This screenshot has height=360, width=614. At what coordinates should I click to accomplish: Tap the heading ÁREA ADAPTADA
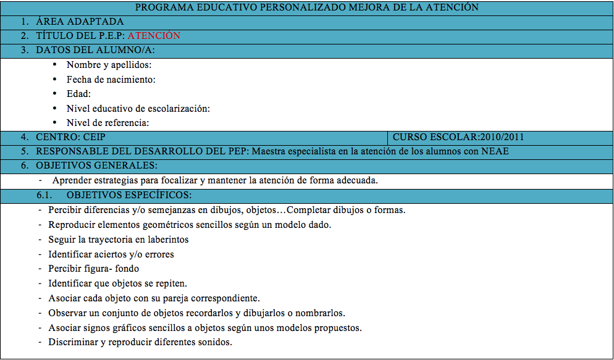click(80, 22)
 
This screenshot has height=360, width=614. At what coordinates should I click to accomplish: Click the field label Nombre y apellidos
click(109, 65)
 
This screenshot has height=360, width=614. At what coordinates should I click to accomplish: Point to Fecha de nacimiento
click(111, 80)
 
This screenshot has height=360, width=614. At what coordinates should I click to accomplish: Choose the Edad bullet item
click(78, 94)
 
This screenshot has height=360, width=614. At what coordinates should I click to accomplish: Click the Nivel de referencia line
click(108, 123)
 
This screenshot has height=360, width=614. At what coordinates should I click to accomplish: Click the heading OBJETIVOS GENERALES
click(96, 165)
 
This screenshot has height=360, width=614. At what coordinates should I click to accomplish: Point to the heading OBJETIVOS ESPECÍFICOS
click(129, 195)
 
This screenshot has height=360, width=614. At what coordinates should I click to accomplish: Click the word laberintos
click(167, 239)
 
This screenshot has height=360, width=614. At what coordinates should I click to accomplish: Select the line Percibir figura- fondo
click(93, 269)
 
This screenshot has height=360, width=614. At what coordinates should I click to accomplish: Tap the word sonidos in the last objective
click(216, 342)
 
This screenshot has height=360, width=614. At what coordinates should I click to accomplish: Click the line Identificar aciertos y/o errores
click(111, 254)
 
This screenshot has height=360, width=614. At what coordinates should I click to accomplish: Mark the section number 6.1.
click(45, 195)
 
